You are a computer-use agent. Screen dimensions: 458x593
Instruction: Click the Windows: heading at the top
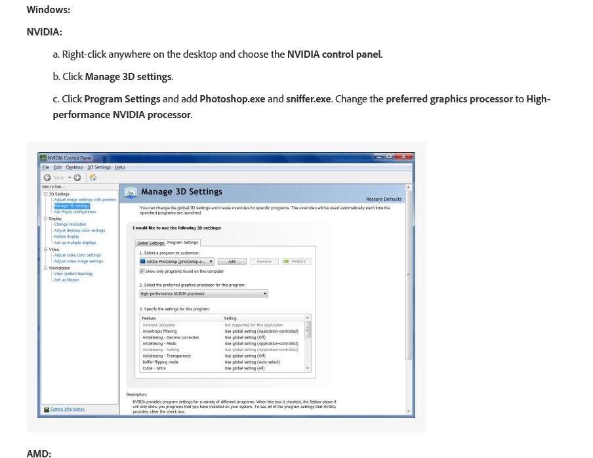[48, 10]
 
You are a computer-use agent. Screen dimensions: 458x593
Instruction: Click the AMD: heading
[39, 453]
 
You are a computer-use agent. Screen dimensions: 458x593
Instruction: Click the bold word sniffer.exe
[308, 99]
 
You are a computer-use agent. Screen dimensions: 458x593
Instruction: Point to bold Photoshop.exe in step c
[232, 99]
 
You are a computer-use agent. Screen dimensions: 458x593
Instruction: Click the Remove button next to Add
[264, 262]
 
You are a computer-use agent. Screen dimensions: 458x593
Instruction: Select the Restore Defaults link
[384, 199]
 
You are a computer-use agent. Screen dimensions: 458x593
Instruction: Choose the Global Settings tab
[150, 243]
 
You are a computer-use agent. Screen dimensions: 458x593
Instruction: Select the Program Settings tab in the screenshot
[182, 243]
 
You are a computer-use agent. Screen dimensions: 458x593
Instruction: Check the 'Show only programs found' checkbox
[142, 271]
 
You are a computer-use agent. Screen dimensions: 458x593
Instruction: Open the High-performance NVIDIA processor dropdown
[203, 294]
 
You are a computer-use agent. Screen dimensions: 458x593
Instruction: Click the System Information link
[67, 409]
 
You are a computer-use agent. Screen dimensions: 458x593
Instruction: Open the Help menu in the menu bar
[120, 167]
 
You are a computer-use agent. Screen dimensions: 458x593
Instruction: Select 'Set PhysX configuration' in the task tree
[75, 212]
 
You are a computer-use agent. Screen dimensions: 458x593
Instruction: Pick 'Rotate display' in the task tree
[66, 236]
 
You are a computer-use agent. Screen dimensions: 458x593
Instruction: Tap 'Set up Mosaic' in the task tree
[66, 280]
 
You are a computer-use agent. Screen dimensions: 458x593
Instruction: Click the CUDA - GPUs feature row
[155, 368]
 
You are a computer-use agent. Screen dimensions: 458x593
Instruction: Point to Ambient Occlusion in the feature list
[159, 325]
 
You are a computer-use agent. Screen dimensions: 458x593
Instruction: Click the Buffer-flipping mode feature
[160, 362]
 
